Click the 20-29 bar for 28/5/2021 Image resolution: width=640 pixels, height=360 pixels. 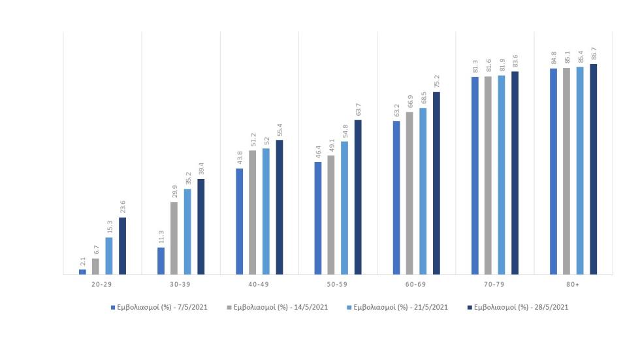(x=122, y=246)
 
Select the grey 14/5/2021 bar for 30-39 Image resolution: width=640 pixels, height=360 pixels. (x=174, y=238)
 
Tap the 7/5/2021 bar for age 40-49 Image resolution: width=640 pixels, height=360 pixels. (x=239, y=221)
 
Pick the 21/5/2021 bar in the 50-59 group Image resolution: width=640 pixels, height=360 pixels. (x=344, y=208)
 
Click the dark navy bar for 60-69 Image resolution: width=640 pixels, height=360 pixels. (x=436, y=183)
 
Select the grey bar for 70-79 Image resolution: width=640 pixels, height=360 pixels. (x=488, y=175)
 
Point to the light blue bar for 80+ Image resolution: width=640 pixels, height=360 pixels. (x=580, y=171)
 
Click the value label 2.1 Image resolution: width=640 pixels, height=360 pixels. (x=83, y=261)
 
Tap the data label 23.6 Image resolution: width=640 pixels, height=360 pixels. (x=123, y=207)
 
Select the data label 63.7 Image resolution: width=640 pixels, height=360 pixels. (x=358, y=109)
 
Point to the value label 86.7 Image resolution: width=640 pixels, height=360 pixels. (x=594, y=54)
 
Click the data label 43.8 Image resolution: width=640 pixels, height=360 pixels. (x=240, y=157)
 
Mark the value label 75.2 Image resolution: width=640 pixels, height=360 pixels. (x=437, y=81)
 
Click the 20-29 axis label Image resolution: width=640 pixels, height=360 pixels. (x=103, y=285)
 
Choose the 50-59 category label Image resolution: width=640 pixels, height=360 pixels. (x=338, y=285)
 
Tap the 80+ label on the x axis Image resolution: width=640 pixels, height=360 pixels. (x=573, y=285)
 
